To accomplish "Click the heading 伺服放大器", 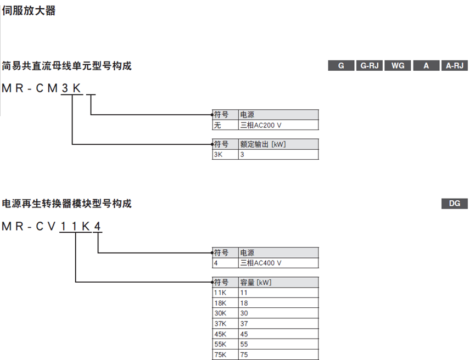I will (29, 10).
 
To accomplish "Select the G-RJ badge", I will (370, 65).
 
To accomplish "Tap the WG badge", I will (398, 65).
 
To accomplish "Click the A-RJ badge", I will (455, 65).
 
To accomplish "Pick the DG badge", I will (455, 204).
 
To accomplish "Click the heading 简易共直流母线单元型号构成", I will (67, 66).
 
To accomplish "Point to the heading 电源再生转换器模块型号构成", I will (67, 204).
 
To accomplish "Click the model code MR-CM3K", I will (42, 88).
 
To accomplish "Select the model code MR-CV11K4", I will (52, 226).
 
